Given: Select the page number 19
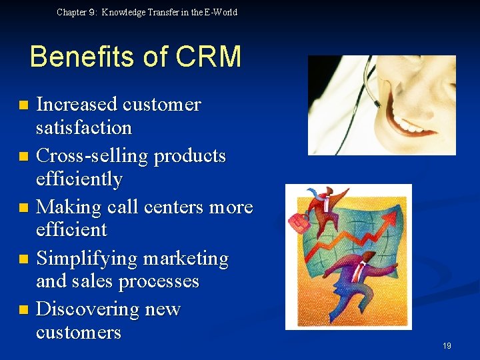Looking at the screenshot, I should point(447,345).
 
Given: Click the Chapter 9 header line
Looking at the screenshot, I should point(147,12).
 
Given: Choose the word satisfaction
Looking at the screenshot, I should point(84,127).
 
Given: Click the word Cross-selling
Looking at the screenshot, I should point(92,156).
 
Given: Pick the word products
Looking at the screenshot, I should point(190,156).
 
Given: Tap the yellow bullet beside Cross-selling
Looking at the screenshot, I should point(24,157).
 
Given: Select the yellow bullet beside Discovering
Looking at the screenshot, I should point(24,310).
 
